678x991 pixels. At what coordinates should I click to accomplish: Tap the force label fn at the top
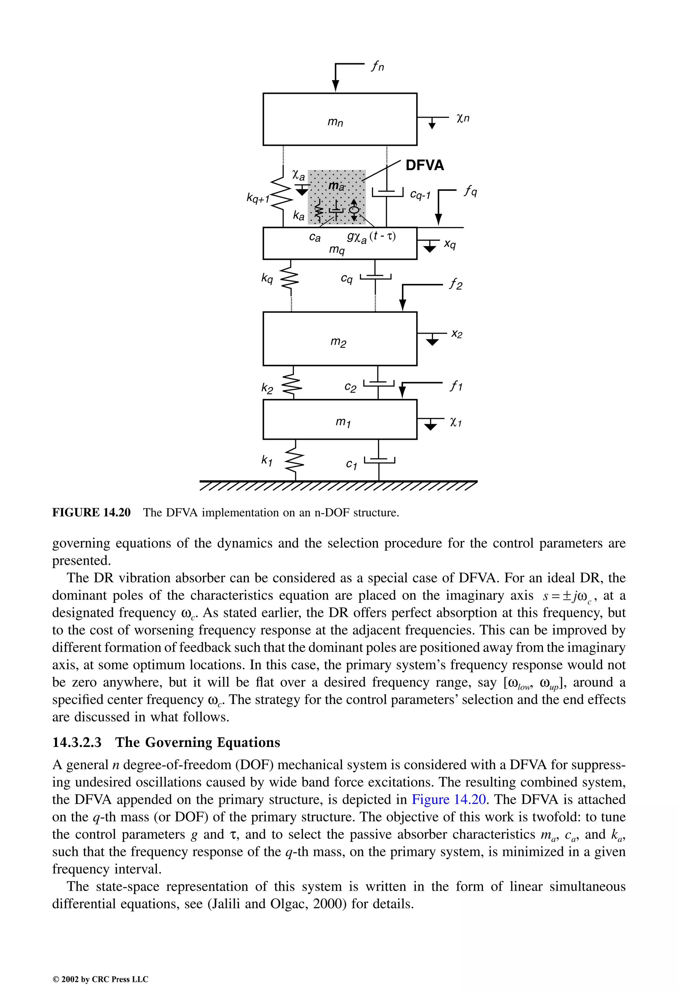tap(377, 66)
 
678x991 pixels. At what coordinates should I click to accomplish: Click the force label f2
tap(456, 284)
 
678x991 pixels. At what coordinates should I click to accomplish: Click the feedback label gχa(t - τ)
tap(371, 237)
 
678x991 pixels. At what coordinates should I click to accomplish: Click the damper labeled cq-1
tap(387, 193)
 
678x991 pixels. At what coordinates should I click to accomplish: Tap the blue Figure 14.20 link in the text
tap(449, 799)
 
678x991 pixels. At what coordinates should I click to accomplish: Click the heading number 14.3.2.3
tap(77, 742)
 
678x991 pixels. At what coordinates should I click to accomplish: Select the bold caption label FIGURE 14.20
tap(91, 512)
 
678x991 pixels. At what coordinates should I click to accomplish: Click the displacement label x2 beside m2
tap(457, 334)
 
